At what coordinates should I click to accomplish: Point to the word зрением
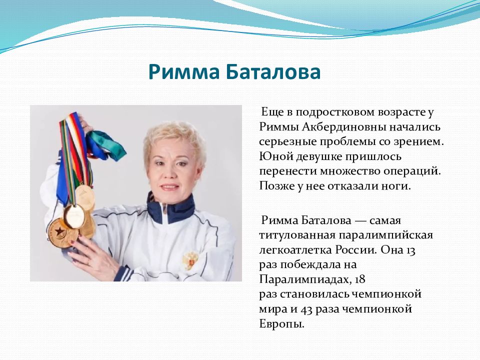[418, 142]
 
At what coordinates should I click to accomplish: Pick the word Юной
[274, 156]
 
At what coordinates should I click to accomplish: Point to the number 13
[411, 250]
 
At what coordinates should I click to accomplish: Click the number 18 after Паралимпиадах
[360, 279]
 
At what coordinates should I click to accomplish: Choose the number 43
[306, 309]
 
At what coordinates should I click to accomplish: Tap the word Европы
[281, 324]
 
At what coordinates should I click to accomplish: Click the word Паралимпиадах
[305, 279]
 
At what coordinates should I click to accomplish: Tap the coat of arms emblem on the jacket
[190, 259]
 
